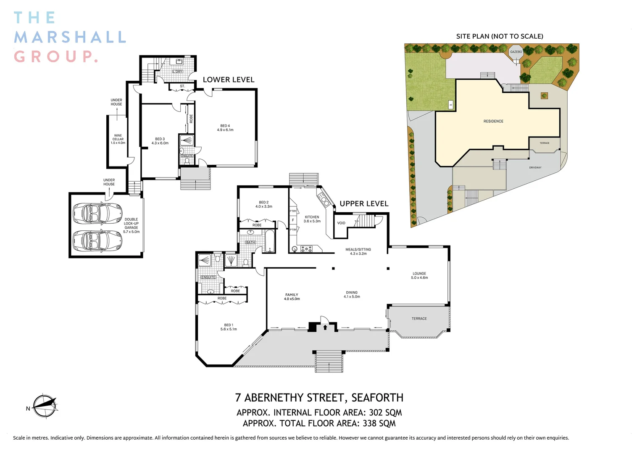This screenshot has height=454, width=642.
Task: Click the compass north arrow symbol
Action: (x=45, y=406)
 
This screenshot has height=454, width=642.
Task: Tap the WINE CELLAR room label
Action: (x=118, y=139)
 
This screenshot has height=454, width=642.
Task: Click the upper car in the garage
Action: (x=97, y=214)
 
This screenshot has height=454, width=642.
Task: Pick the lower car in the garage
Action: (x=97, y=241)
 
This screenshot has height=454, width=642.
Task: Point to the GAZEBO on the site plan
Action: (x=516, y=52)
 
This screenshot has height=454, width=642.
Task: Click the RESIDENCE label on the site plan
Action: (x=493, y=121)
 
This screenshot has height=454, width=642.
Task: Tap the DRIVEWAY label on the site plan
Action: (x=535, y=168)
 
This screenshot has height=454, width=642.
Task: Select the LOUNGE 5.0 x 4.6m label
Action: (x=419, y=276)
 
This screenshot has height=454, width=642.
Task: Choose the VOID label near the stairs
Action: (x=341, y=223)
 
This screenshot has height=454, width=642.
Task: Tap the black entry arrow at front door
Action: (x=325, y=327)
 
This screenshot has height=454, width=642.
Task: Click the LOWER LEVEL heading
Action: (x=229, y=80)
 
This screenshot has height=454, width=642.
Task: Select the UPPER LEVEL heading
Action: (x=364, y=204)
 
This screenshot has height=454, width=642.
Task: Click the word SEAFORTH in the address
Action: (x=377, y=398)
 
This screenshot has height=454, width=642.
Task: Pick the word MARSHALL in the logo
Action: (x=70, y=37)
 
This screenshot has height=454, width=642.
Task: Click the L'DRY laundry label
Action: (x=178, y=71)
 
